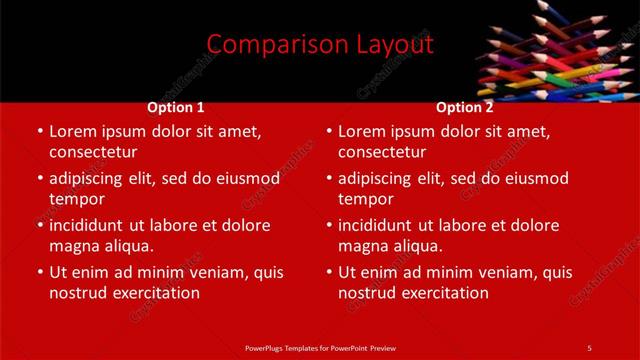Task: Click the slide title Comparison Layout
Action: point(320,45)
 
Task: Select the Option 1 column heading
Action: point(176,107)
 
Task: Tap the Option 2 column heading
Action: point(465,107)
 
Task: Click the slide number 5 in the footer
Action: point(589,347)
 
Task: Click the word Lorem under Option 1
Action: point(72,131)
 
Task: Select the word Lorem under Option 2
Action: point(361,131)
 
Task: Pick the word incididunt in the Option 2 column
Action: point(376,225)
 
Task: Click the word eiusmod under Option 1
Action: point(248,179)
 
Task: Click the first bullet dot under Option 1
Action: point(40,132)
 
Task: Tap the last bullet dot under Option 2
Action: point(329,273)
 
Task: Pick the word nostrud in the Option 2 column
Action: point(367,293)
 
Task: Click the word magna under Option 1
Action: point(74,246)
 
